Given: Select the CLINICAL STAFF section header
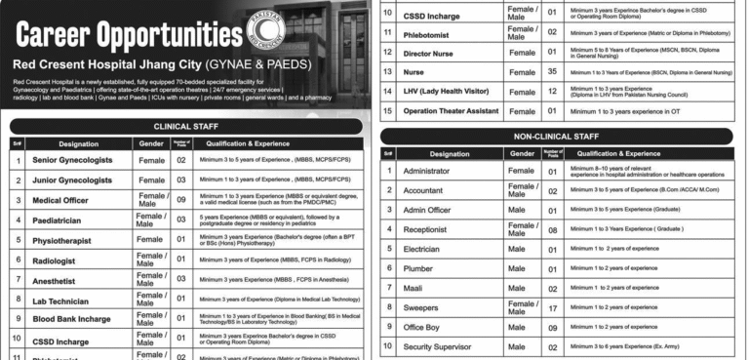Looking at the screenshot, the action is [184, 126].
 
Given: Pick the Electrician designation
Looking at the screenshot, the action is [425, 250].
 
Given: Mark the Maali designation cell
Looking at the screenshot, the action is [414, 289].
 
